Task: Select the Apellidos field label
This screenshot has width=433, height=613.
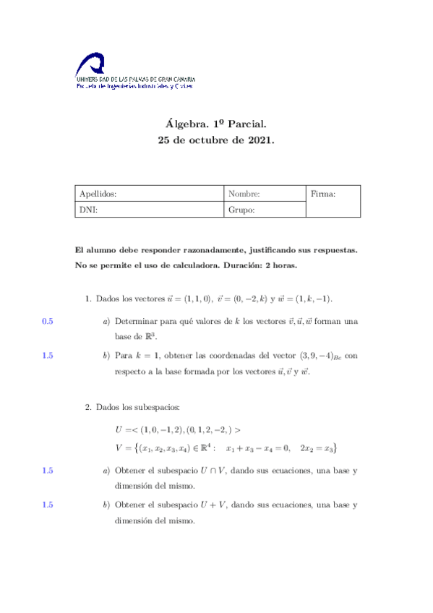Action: point(98,194)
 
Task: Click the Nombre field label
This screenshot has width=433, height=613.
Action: point(244,194)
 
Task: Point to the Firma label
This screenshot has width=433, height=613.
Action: point(322,194)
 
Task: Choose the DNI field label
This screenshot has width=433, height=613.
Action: point(88,210)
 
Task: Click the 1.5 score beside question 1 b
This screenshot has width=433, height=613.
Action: point(48,355)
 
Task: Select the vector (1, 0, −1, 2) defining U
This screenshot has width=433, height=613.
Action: point(160,429)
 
